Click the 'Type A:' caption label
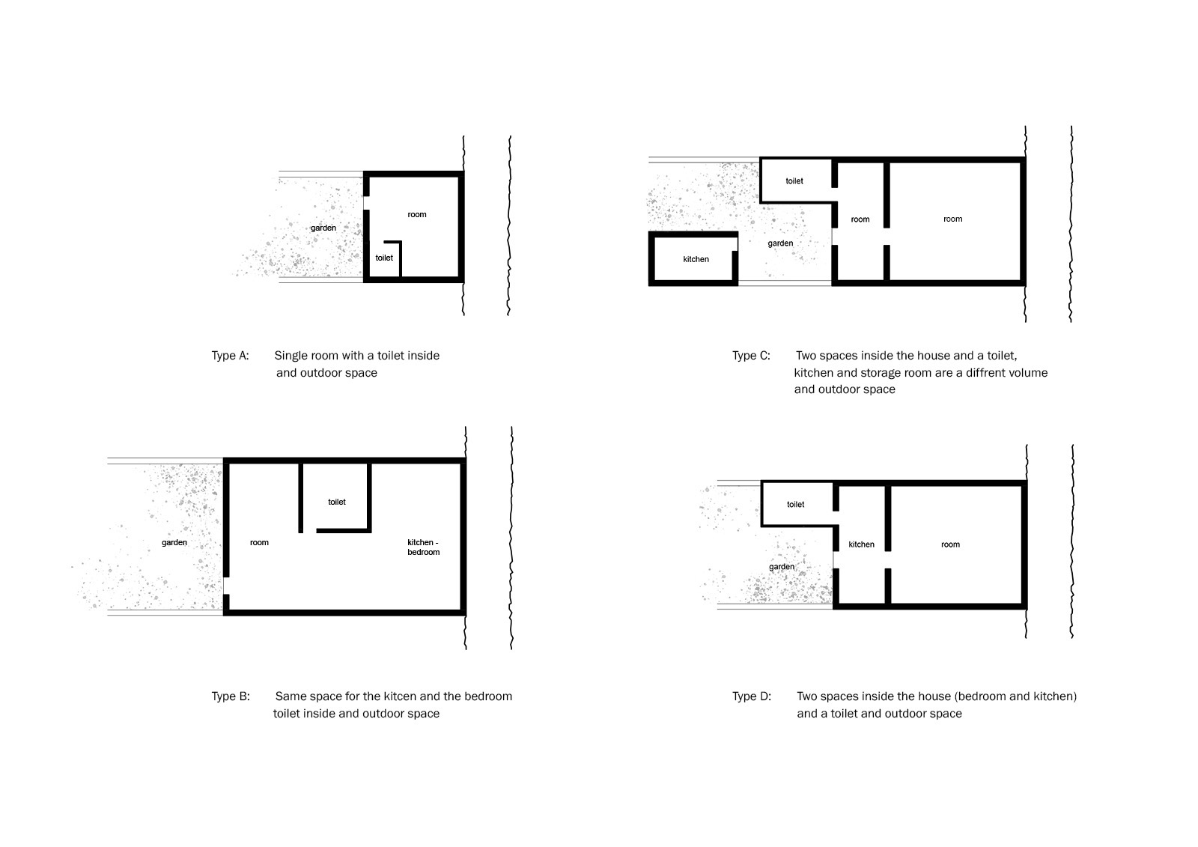230,356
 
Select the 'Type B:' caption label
231,696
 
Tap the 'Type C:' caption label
751,356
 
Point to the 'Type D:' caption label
752,696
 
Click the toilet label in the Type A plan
384,258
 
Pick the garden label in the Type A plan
323,228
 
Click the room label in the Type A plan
417,215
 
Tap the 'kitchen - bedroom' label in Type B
423,547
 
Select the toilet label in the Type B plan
337,502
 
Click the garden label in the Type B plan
174,542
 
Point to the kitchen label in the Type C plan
696,260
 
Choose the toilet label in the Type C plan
794,181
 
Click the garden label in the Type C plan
780,243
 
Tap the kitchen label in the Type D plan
861,544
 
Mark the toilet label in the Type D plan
795,505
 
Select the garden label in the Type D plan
782,567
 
